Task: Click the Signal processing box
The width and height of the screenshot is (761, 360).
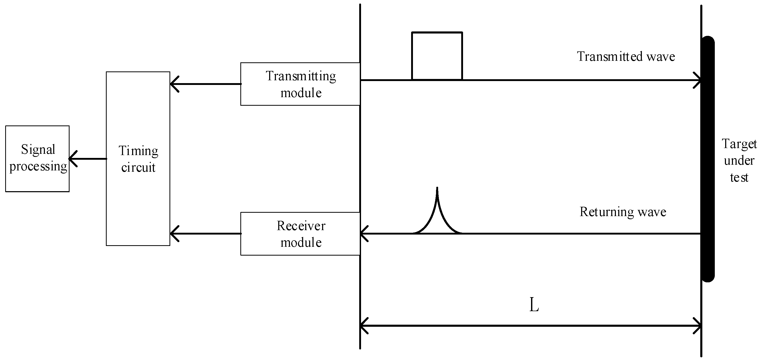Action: point(37,159)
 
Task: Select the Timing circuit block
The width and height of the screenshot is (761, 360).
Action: point(138,158)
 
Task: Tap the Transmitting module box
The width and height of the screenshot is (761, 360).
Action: point(300,84)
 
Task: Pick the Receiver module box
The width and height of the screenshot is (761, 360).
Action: point(300,234)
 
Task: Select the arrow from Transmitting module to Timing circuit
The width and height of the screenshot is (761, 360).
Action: point(205,84)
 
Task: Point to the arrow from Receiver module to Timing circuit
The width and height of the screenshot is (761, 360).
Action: point(205,234)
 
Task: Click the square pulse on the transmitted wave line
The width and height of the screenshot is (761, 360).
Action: point(437,56)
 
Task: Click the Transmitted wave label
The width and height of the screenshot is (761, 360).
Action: point(626,56)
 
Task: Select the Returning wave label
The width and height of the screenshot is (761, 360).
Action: point(623,212)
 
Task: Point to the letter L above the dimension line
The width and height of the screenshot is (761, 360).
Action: point(534,305)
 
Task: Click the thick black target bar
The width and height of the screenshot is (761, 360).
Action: point(708,159)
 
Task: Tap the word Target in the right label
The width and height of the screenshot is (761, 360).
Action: point(739,144)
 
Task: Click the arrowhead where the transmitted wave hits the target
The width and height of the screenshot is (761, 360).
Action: point(698,80)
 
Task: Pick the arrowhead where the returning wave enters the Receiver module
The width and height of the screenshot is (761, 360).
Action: point(363,234)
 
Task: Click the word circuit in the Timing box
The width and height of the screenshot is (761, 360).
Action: point(138,168)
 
